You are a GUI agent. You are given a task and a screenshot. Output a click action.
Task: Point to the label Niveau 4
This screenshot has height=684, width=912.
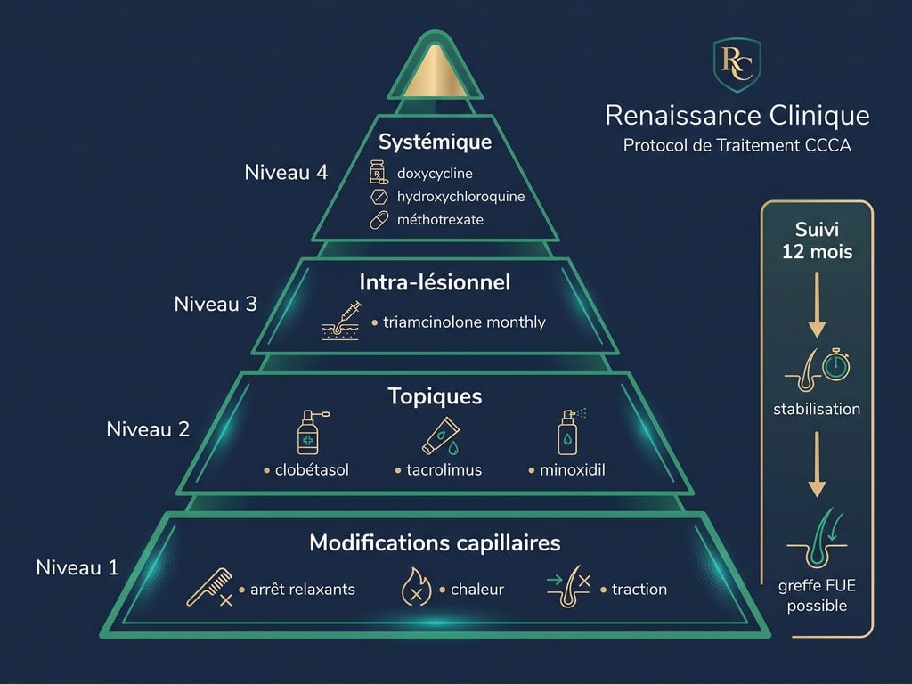coord(286,172)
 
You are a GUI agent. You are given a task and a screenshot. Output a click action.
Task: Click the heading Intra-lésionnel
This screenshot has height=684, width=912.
coord(435,282)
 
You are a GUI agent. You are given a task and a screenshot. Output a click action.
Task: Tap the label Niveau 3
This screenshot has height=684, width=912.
coord(216,303)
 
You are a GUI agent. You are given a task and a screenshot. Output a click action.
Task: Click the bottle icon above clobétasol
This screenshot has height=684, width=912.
coord(308,432)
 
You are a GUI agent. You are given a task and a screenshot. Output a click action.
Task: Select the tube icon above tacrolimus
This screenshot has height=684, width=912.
coord(438,434)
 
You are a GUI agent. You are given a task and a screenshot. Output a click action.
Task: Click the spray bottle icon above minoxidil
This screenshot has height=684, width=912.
coord(567,432)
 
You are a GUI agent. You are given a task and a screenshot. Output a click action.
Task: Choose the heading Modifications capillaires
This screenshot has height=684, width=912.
coord(435,541)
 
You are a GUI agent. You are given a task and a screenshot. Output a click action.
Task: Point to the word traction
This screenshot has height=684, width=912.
coord(639,589)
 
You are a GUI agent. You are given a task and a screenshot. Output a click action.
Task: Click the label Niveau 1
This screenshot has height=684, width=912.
coord(77,566)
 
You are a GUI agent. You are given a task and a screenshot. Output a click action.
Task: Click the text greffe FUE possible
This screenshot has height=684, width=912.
coord(817,596)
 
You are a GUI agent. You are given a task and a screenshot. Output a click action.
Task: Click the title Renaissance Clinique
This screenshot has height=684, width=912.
coord(737,115)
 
